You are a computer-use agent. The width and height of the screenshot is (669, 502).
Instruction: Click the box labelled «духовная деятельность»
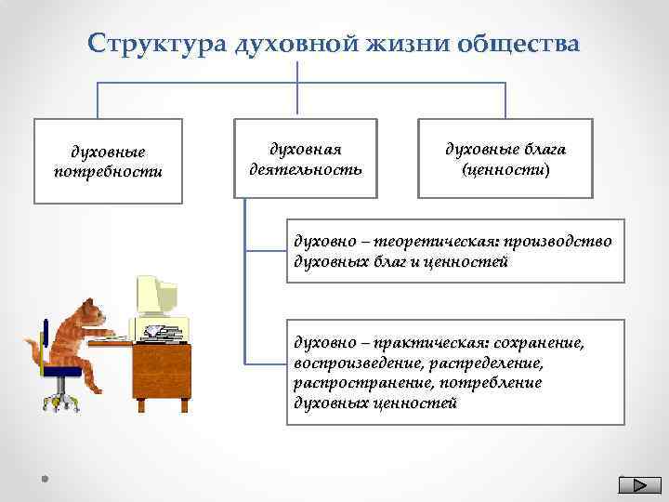click(306, 159)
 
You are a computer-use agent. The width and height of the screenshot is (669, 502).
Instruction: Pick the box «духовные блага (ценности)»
click(505, 159)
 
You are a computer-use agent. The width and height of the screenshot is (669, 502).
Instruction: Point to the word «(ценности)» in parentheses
click(505, 171)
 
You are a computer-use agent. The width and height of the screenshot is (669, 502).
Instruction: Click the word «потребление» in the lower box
click(520, 383)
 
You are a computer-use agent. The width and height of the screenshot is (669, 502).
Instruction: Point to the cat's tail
click(33, 351)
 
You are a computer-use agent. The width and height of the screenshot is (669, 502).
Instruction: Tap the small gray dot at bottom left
click(44, 479)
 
